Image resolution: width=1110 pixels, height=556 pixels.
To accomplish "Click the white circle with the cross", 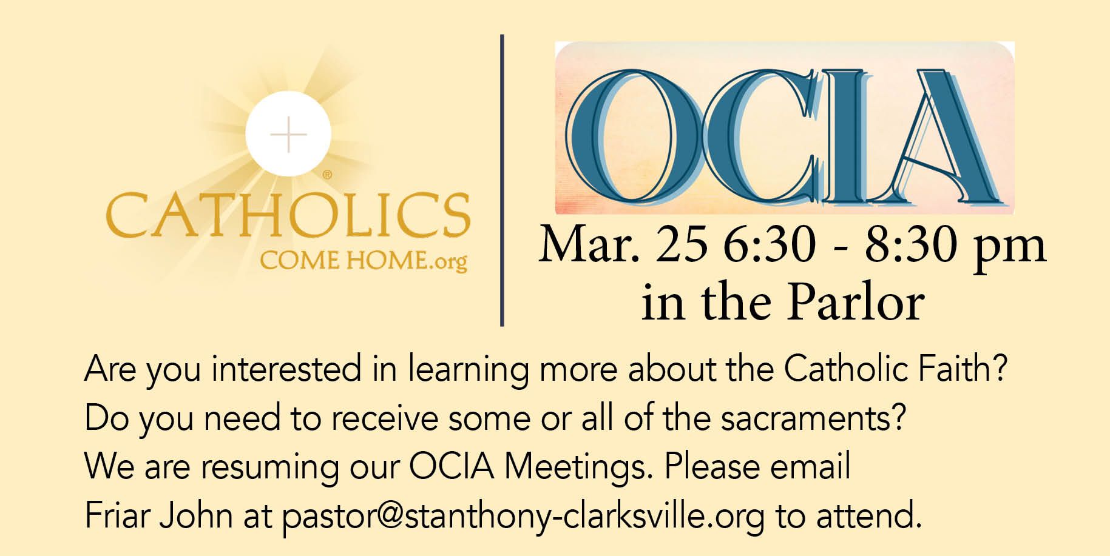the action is pos(288,134).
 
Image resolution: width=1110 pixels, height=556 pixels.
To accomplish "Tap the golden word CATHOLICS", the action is pos(288,215).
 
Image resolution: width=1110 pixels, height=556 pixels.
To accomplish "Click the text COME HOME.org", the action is pos(364,261).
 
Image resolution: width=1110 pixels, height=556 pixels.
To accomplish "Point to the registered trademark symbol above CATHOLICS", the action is pos(327,175).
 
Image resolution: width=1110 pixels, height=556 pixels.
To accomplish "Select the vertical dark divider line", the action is pos(503,181).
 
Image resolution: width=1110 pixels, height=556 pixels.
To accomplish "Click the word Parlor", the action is pos(856,301).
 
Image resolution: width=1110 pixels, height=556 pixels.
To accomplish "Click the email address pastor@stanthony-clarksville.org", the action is pos(523,517).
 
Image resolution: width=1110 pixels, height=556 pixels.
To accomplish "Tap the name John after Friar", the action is pos(195,515).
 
